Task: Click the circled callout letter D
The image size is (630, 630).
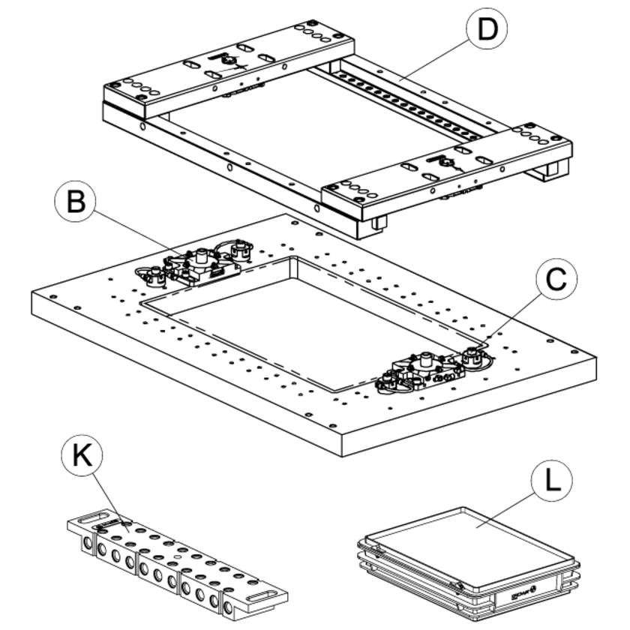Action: pyautogui.click(x=487, y=30)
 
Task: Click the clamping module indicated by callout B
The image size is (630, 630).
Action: pyautogui.click(x=198, y=265)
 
